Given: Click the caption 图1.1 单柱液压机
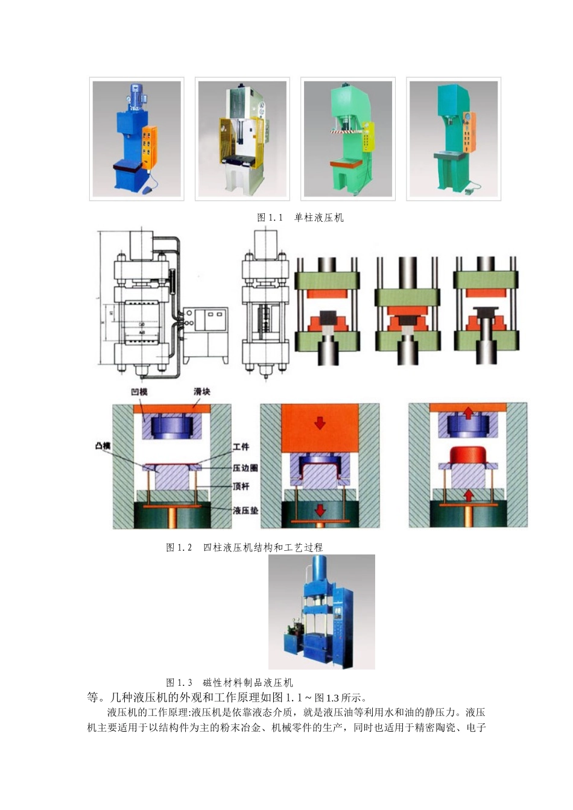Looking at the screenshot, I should click(300, 218).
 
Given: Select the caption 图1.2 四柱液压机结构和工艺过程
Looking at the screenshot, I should click(244, 547).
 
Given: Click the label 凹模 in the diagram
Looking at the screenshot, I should click(139, 392).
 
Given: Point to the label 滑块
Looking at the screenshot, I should click(202, 392).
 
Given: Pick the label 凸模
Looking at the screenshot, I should click(103, 446).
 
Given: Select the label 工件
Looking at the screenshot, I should click(241, 447).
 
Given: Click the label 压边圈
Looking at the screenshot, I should click(245, 468).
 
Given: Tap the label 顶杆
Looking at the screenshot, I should click(241, 486).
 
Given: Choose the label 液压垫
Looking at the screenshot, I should click(245, 510).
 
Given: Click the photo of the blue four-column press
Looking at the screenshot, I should click(321, 612).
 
